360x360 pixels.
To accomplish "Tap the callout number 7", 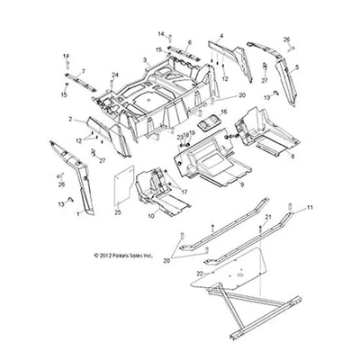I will click(x=83, y=70).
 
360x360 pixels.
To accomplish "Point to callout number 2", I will click(x=70, y=119).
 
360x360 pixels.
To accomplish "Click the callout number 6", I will click(x=189, y=43).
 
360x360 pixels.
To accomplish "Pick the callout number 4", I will click(x=220, y=36).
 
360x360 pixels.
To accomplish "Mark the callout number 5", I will click(x=298, y=67).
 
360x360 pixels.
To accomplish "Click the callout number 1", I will click(x=77, y=214).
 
